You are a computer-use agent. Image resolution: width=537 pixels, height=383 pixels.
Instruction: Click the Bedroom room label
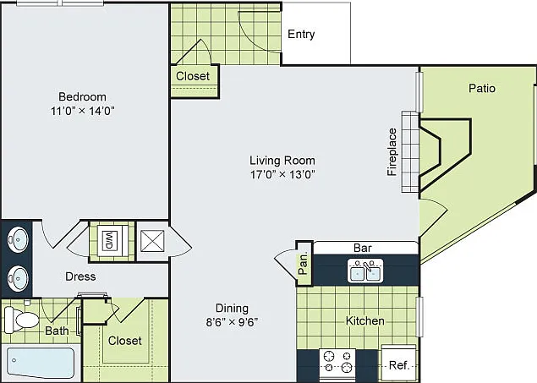[x=82, y=97]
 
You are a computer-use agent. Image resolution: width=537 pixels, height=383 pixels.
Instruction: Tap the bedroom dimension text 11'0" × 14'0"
[x=82, y=111]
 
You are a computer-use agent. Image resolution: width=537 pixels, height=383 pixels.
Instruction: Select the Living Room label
[x=282, y=161]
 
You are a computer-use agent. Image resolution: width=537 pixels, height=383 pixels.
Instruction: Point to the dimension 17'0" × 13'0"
[x=282, y=174]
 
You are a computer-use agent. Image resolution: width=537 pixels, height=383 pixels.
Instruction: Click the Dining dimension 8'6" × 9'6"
[x=232, y=322]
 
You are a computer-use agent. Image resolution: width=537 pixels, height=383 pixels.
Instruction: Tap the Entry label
[x=301, y=34]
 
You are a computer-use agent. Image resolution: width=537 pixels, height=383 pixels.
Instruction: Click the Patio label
[x=482, y=88]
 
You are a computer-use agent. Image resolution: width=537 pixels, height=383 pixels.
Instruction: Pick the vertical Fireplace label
[x=392, y=152]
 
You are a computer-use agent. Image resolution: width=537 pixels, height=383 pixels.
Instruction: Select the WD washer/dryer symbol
[x=109, y=241]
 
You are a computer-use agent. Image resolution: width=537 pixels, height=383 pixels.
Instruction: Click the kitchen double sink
[x=365, y=271]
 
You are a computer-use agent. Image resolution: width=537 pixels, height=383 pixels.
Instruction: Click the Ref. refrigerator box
[x=399, y=364]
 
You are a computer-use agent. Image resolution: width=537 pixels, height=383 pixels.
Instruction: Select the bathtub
[x=41, y=363]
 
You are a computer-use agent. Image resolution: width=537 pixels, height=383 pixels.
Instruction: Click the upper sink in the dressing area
[x=18, y=239]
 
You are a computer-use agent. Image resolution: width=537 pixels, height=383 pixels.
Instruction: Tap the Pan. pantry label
[x=304, y=264]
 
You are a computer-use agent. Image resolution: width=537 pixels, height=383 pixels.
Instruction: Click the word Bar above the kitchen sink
[x=362, y=248]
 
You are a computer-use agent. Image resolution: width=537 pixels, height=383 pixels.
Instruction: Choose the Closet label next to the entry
[x=193, y=76]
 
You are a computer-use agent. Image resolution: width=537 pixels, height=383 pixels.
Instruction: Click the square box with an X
[x=152, y=241]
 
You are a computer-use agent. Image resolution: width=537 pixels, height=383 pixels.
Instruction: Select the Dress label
[x=80, y=276]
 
